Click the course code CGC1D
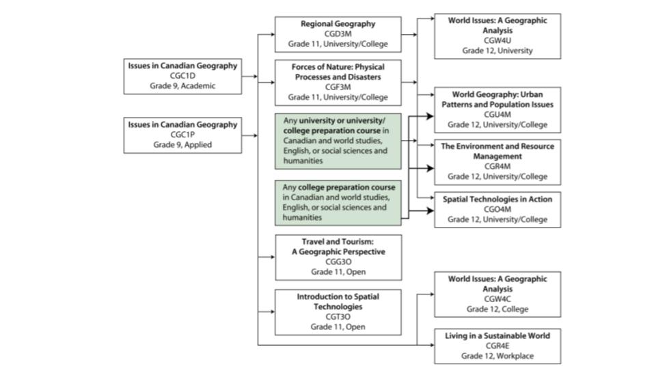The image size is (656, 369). point(182,76)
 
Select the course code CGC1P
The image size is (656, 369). point(182,135)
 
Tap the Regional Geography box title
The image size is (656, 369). point(338,24)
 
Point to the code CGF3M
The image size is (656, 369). point(338,87)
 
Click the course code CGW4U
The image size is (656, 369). point(497,40)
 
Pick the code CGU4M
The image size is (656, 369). point(497,114)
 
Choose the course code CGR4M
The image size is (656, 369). point(497,166)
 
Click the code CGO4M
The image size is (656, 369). point(497,209)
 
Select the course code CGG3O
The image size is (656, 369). point(338,262)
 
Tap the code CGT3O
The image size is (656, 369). point(338,316)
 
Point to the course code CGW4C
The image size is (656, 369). point(497,299)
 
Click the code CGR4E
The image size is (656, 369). point(497,346)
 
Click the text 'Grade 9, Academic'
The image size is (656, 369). point(182,86)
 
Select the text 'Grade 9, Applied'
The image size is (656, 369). point(182,145)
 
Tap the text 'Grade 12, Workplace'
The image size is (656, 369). point(497,356)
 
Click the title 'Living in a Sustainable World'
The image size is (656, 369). point(497,336)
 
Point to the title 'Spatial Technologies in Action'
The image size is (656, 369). point(497,199)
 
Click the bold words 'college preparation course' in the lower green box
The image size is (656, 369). point(346,187)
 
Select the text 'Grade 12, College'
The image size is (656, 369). point(497,309)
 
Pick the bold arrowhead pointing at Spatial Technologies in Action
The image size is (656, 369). point(430,210)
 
